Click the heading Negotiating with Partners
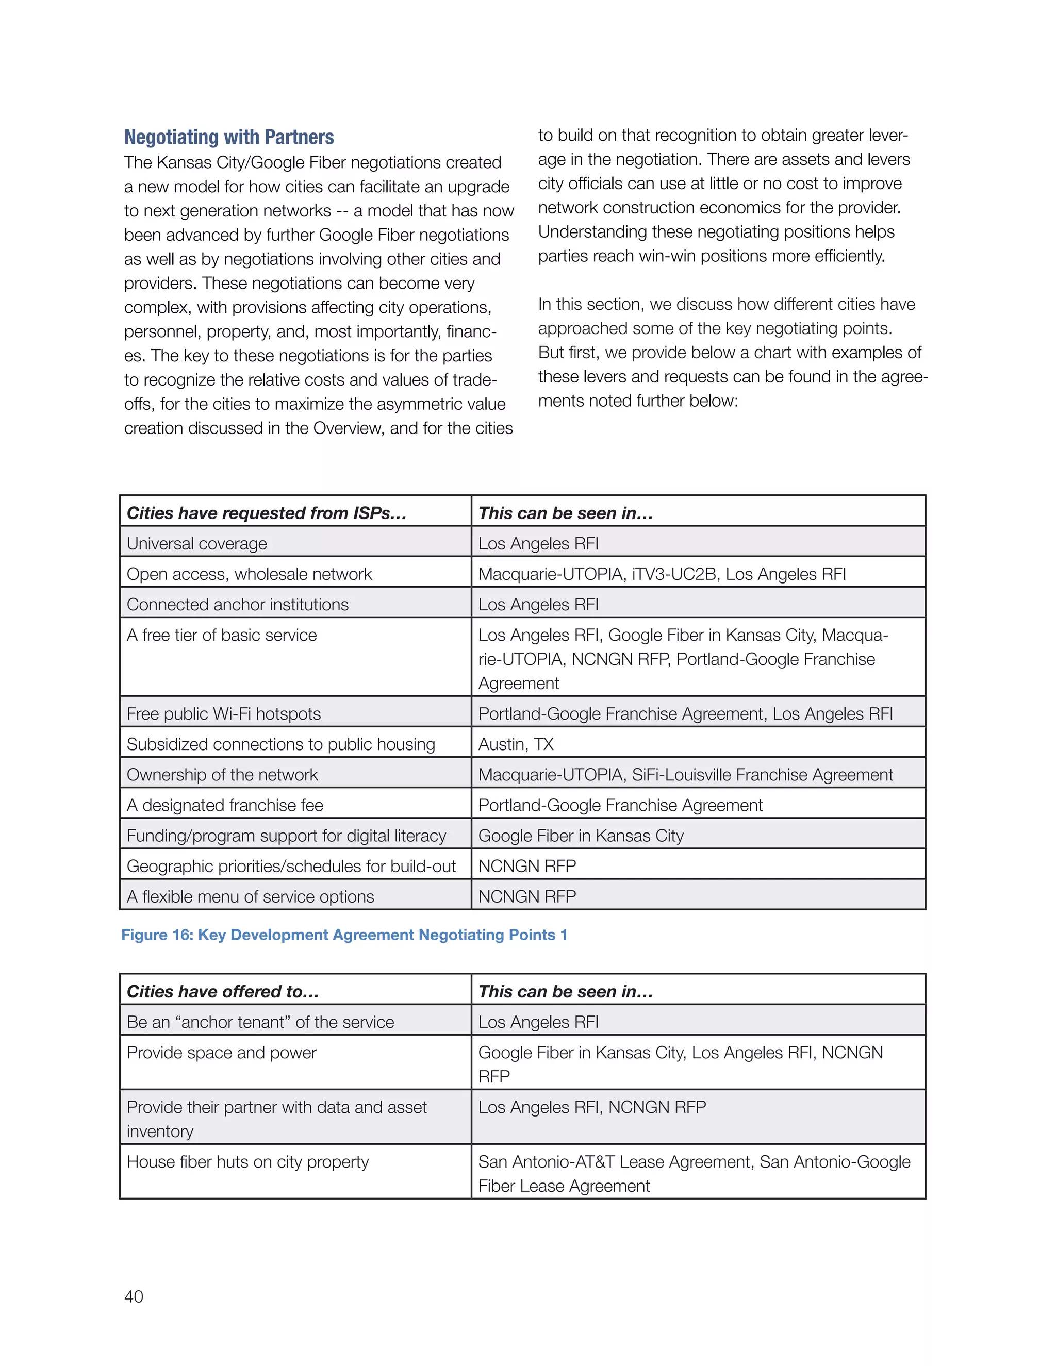coord(229,137)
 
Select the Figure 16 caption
coord(344,935)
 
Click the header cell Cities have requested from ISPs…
coord(267,513)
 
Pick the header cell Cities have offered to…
coord(223,991)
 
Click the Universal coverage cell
coord(196,543)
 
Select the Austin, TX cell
coord(516,744)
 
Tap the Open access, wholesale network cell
coord(249,574)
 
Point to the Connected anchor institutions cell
coord(238,605)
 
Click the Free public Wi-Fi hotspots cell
coord(223,713)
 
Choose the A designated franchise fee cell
coord(225,805)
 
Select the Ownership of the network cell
coord(222,775)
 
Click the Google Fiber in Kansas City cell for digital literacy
coord(581,836)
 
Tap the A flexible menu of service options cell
coord(250,896)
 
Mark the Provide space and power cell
coord(221,1053)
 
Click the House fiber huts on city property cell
coord(247,1162)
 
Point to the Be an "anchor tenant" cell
coord(260,1022)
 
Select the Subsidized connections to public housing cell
coord(281,744)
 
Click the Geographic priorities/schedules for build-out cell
coord(291,867)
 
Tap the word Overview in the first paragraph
coord(349,428)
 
